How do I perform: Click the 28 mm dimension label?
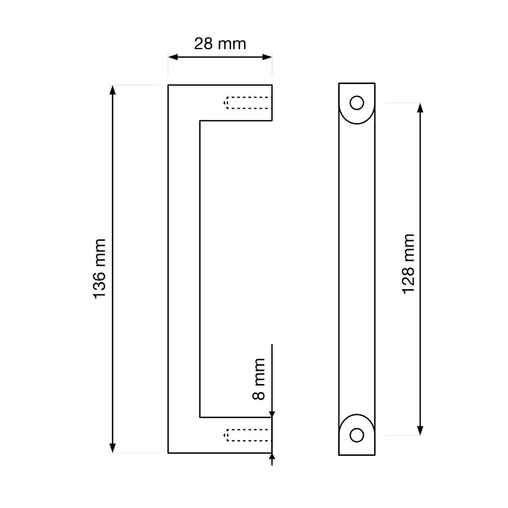220,43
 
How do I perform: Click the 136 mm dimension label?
100,269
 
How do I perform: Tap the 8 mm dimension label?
259,379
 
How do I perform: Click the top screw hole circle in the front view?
357,103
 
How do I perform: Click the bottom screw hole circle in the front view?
357,435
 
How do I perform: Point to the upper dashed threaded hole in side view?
247,103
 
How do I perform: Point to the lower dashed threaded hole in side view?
247,435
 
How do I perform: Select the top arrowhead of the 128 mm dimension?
421,108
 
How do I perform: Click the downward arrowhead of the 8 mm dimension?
272,413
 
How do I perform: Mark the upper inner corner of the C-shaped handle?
200,121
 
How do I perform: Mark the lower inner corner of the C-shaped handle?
200,417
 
